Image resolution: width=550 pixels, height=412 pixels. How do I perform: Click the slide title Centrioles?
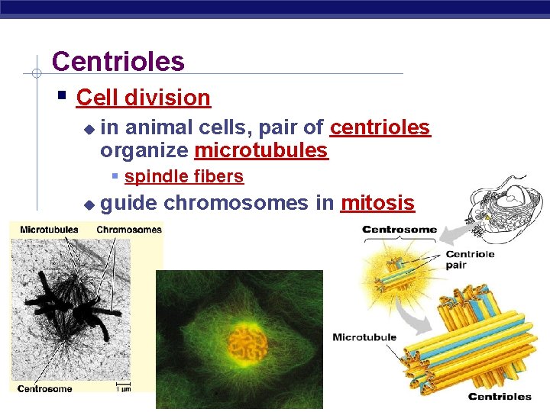click(x=118, y=61)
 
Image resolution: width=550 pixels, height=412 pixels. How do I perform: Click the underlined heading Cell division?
click(x=143, y=98)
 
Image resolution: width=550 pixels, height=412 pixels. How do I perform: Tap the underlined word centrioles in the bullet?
click(x=380, y=127)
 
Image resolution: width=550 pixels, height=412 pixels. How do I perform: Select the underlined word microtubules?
click(x=261, y=150)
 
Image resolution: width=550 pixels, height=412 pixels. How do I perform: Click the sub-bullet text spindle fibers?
click(x=183, y=176)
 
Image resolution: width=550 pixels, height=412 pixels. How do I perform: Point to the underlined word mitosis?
click(x=377, y=203)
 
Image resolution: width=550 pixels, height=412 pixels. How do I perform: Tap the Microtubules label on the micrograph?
click(x=49, y=230)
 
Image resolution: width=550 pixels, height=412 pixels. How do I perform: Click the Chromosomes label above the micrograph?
click(x=129, y=230)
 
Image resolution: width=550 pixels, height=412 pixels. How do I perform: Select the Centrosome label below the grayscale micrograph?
click(x=44, y=389)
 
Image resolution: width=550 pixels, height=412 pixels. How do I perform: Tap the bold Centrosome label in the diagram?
click(x=399, y=230)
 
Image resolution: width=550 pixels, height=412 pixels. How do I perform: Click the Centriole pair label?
click(x=470, y=259)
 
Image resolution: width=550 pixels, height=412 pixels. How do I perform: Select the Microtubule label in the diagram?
click(x=364, y=337)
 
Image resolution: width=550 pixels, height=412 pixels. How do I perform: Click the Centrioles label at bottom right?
click(x=500, y=396)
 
